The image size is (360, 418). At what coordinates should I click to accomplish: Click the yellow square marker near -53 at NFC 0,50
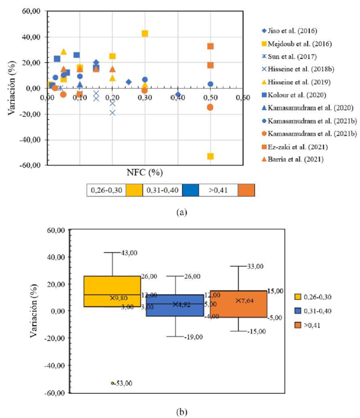[211, 156]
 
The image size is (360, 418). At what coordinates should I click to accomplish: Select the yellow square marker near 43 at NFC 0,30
[145, 33]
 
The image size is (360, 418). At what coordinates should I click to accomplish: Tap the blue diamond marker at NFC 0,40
[178, 94]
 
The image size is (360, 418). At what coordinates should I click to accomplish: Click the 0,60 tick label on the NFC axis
[243, 98]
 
